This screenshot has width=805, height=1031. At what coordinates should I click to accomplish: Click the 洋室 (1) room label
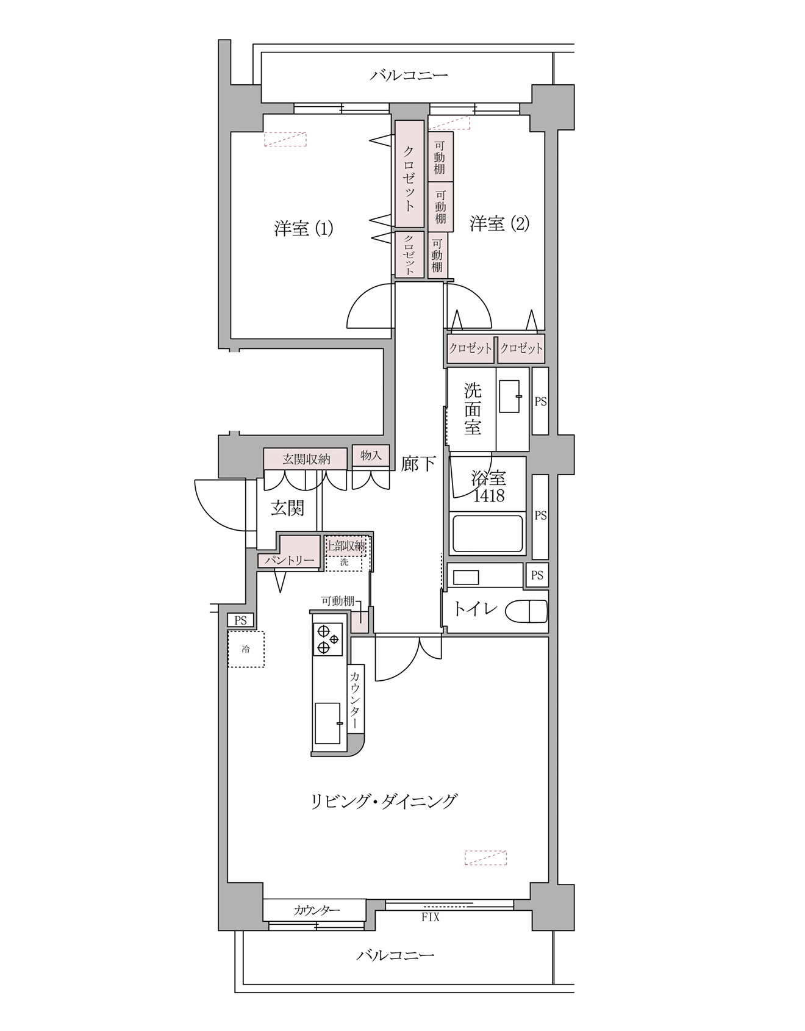pyautogui.click(x=303, y=229)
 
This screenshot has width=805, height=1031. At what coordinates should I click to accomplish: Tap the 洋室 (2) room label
pyautogui.click(x=499, y=224)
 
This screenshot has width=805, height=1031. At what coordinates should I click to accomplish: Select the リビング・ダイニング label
pyautogui.click(x=384, y=801)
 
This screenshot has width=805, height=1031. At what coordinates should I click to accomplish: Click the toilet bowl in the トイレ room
pyautogui.click(x=529, y=611)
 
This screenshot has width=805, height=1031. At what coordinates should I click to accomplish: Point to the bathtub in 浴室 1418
pyautogui.click(x=488, y=534)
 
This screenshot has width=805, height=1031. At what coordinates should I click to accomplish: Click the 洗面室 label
pyautogui.click(x=473, y=408)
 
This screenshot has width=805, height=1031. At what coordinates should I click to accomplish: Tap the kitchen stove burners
pyautogui.click(x=327, y=639)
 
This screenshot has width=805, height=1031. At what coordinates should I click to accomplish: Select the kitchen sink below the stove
pyautogui.click(x=328, y=723)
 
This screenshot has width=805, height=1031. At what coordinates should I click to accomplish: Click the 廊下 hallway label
pyautogui.click(x=418, y=464)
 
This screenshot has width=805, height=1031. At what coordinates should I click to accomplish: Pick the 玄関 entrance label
pyautogui.click(x=287, y=508)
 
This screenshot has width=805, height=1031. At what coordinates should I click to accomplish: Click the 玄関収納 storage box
pyautogui.click(x=306, y=459)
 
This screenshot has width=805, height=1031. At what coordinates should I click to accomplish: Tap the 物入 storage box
pyautogui.click(x=371, y=455)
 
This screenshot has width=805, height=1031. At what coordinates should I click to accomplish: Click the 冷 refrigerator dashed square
pyautogui.click(x=246, y=649)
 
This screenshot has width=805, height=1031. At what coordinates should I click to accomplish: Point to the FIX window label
pyautogui.click(x=431, y=917)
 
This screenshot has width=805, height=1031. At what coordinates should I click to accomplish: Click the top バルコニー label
pyautogui.click(x=409, y=76)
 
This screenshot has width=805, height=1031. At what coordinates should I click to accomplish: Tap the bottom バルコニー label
pyautogui.click(x=395, y=955)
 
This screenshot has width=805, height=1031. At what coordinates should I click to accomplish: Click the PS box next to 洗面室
pyautogui.click(x=540, y=401)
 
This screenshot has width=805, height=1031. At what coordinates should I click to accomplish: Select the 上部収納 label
pyautogui.click(x=346, y=546)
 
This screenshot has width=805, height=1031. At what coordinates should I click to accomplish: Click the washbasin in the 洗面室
pyautogui.click(x=510, y=397)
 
